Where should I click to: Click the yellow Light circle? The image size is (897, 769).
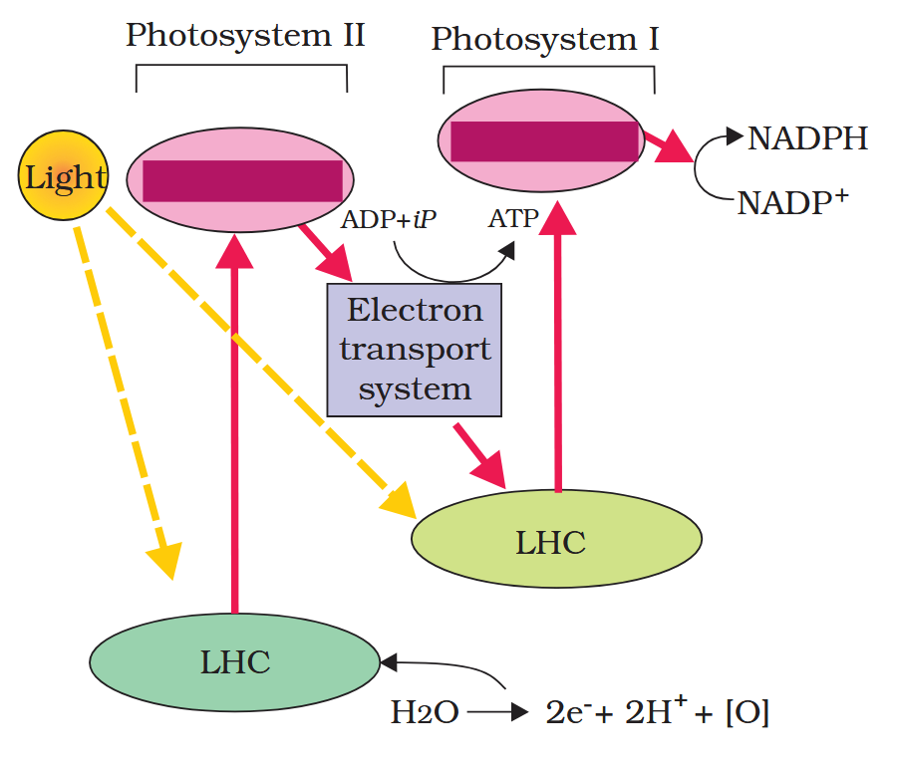click(x=64, y=178)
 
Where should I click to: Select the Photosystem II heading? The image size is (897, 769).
click(x=245, y=36)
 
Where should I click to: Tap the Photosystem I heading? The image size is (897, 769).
click(x=545, y=39)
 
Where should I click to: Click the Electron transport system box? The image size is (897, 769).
click(x=414, y=350)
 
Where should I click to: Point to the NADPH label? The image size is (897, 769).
click(x=808, y=138)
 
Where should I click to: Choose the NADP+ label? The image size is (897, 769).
click(x=792, y=203)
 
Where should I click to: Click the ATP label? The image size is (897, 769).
click(x=513, y=218)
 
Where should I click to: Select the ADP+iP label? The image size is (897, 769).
click(x=389, y=219)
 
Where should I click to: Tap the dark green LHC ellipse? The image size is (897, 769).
click(x=235, y=662)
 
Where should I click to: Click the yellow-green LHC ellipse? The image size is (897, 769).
click(x=556, y=540)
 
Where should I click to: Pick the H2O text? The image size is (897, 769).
click(x=424, y=713)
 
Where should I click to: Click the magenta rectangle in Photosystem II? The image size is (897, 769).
click(x=242, y=180)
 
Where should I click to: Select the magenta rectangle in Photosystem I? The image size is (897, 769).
click(x=544, y=140)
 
